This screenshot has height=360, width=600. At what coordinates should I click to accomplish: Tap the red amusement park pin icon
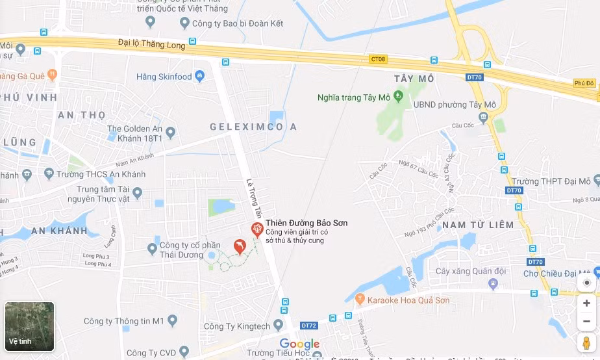pos(257,229)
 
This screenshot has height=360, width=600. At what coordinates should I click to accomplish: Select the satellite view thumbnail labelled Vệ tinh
pos(30,326)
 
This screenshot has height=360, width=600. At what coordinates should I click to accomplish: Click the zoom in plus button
pos(586,303)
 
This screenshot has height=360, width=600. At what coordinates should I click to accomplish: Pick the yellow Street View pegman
pos(586,342)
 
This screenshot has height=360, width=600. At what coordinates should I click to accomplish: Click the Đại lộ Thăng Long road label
pos(151,44)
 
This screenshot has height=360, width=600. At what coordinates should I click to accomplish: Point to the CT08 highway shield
pos(378,59)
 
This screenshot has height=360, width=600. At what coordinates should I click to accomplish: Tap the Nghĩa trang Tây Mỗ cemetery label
pos(354,97)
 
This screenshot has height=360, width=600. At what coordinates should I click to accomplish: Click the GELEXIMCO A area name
pos(253,127)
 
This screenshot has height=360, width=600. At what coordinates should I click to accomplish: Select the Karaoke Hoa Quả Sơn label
pos(408,300)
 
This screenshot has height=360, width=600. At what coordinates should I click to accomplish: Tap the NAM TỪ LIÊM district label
pos(478,225)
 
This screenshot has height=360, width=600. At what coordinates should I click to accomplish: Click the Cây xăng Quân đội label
pos(461,271)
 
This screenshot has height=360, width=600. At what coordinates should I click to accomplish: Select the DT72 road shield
pos(308,325)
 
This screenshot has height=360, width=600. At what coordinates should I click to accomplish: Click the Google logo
pos(299,344)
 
